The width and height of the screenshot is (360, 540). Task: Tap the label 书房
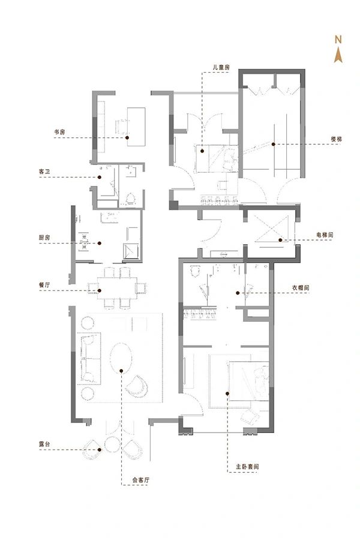coord(59,132)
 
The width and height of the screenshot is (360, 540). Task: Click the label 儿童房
coord(221,67)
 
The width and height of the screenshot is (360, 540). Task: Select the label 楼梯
coord(336,139)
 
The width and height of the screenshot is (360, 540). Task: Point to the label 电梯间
coord(325,235)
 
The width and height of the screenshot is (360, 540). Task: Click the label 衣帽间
coord(301,287)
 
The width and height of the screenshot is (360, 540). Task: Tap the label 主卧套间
coord(247,467)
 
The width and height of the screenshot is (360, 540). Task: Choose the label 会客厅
coord(141,480)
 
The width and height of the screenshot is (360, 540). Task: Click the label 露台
coord(44,444)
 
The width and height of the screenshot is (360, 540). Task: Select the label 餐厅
coord(44,285)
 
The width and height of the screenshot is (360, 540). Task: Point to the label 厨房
coord(44,238)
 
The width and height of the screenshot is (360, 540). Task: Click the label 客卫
coord(44,171)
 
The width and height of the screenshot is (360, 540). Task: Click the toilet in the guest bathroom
coord(131,199)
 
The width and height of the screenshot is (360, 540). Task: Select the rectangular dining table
coord(117,287)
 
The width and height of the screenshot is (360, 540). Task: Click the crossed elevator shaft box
coord(271,229)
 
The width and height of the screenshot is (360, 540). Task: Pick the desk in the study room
coord(136,127)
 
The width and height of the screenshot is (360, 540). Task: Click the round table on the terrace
coord(112,444)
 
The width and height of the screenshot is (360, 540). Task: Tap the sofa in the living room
coord(89,358)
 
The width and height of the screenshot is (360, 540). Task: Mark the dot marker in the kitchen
coord(99,244)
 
